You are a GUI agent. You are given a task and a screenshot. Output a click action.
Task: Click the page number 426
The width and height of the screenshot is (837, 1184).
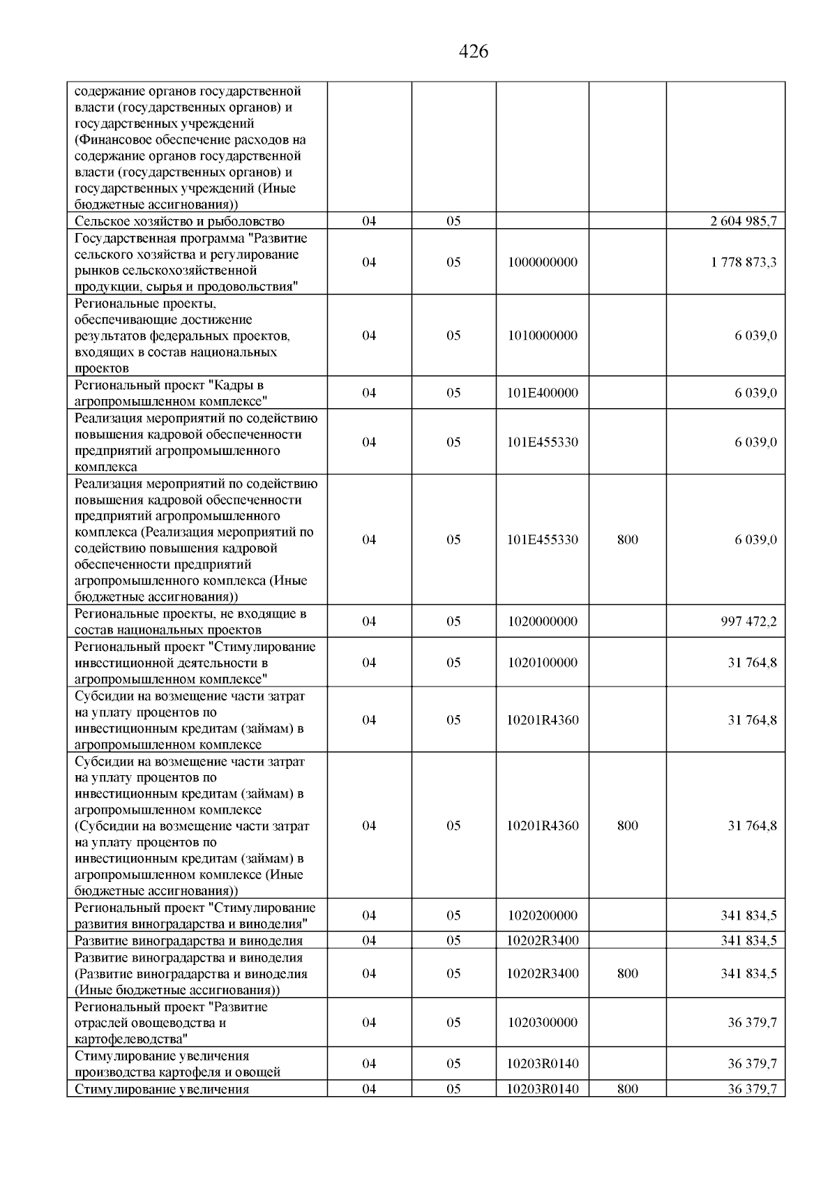pos(474,52)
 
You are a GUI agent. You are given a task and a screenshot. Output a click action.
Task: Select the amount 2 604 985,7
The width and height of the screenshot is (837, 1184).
pos(744,221)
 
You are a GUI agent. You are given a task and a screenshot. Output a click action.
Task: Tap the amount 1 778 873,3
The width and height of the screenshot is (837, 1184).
pos(744,262)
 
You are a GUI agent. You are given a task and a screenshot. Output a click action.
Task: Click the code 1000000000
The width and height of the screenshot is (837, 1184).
pos(543,262)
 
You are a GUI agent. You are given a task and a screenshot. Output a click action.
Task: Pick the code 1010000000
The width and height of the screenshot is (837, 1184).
pos(543,336)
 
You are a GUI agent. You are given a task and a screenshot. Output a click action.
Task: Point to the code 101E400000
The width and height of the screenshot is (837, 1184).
pos(543,393)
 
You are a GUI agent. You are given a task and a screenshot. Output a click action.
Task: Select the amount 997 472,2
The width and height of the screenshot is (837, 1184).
pos(748,621)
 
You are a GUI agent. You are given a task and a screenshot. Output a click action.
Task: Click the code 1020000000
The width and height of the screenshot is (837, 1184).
pos(543,621)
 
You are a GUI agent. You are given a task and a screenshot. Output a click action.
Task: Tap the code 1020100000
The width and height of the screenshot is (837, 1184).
pos(543,662)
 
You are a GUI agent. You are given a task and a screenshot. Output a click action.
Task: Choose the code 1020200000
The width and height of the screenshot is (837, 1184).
pos(543,915)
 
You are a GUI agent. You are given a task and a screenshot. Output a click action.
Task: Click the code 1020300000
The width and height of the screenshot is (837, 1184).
pos(543,1022)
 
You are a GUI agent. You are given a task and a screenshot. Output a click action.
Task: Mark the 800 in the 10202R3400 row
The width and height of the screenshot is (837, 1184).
pos(628,973)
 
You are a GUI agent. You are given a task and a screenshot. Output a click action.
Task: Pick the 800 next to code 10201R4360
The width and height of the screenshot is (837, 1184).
pos(628,825)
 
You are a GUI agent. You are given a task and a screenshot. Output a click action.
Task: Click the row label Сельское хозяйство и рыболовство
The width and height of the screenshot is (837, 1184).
pos(179,221)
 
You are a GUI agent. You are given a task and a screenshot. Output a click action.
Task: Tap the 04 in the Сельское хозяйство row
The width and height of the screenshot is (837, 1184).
pos(369,221)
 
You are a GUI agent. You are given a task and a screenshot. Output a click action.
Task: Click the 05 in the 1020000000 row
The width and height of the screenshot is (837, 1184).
pos(453,621)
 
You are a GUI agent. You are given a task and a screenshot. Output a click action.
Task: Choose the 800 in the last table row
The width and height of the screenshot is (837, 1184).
pos(628,1089)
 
